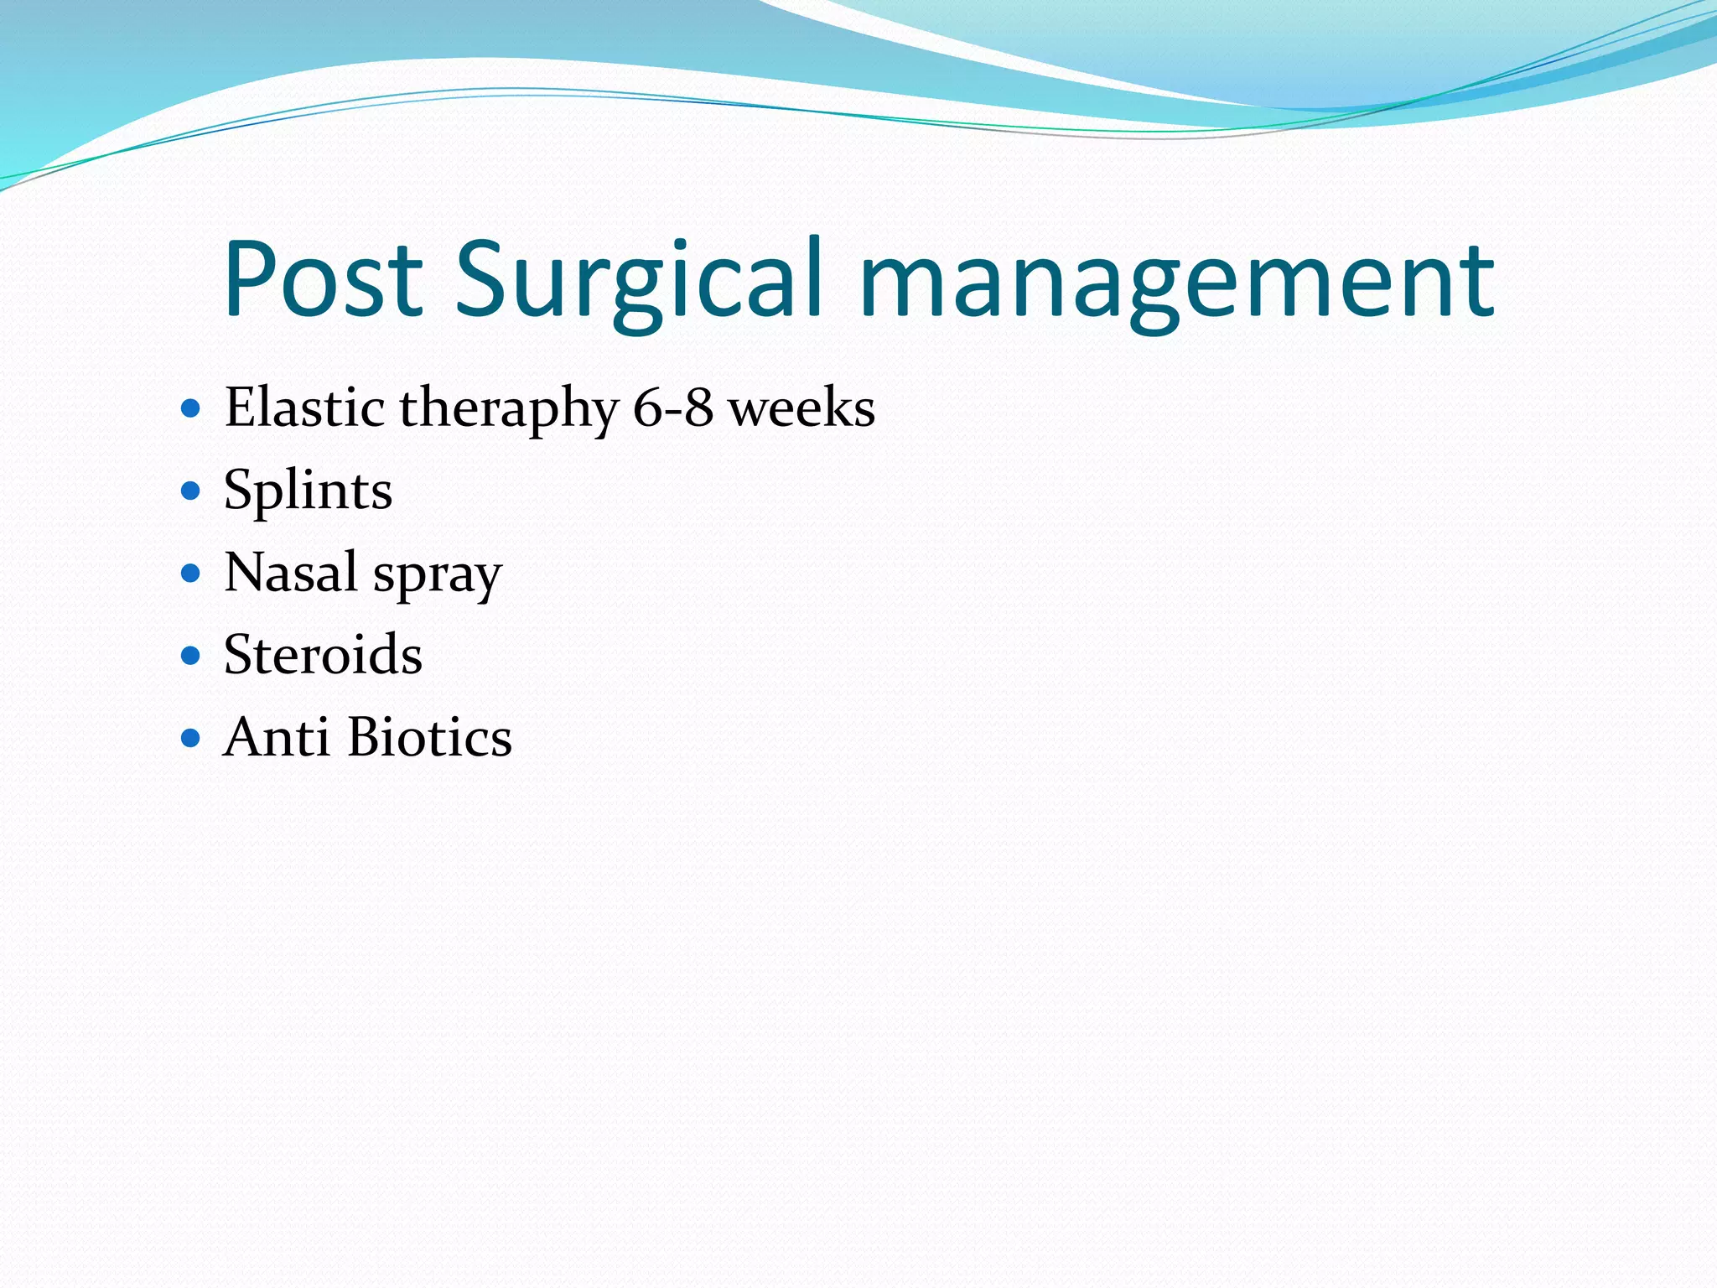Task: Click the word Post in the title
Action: click(x=323, y=279)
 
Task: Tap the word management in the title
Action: click(x=1176, y=279)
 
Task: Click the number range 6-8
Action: click(x=673, y=408)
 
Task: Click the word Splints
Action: click(x=308, y=491)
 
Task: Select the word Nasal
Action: click(x=291, y=572)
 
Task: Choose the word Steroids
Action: click(x=323, y=654)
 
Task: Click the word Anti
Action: click(x=276, y=737)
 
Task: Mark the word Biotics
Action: click(x=429, y=737)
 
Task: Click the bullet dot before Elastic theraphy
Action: click(x=191, y=409)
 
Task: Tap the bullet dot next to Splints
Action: click(x=191, y=491)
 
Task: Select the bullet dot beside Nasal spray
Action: click(x=191, y=574)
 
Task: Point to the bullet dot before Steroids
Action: click(x=191, y=655)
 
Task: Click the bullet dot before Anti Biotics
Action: click(x=191, y=738)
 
